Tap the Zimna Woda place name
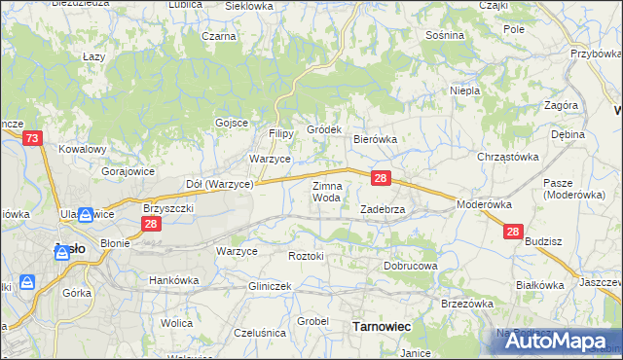[326, 191]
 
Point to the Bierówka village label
[375, 139]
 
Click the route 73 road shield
[32, 139]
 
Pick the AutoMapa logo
[552, 342]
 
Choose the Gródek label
[324, 129]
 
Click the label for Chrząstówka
[507, 156]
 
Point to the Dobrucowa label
[410, 265]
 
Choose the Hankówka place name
[173, 280]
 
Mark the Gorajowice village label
[128, 170]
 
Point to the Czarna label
[219, 36]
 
